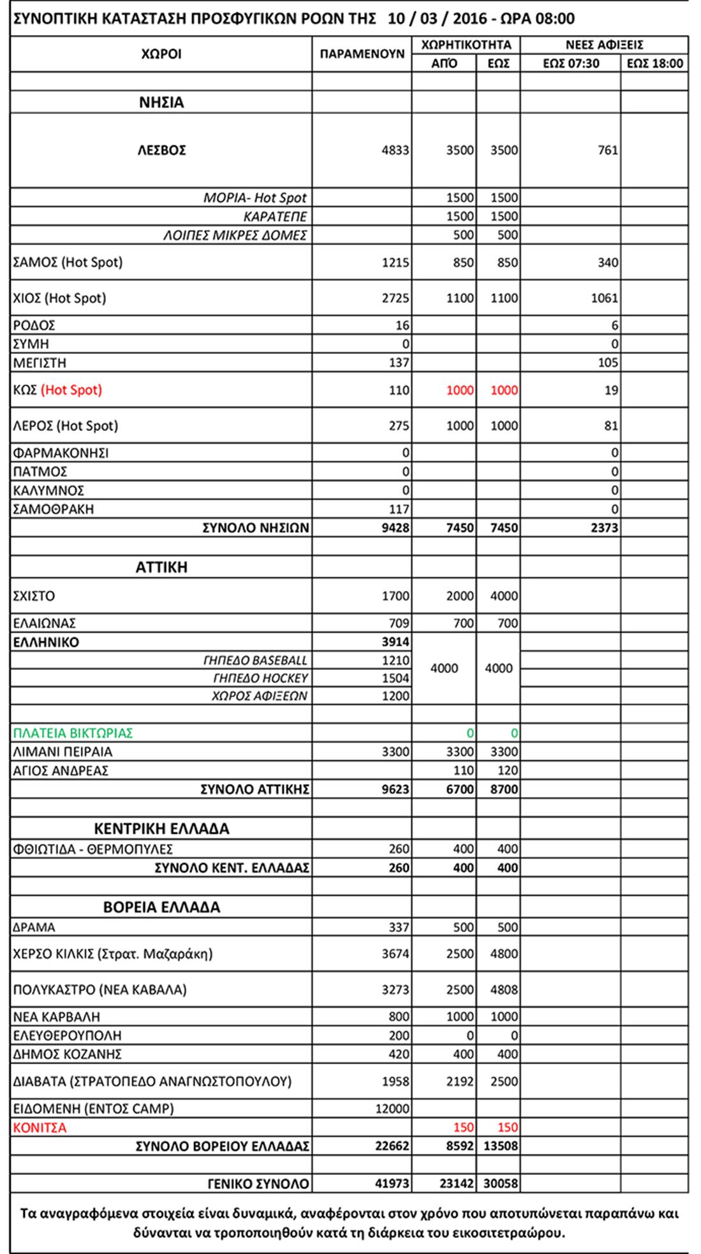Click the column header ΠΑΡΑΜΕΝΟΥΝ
362,54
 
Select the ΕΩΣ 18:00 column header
654,63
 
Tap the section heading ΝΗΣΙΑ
161,103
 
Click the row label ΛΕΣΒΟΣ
161,150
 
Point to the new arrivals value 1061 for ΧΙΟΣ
604,298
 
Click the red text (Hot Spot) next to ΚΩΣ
71,390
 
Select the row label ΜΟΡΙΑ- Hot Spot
255,198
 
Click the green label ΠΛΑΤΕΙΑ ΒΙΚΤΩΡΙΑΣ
73,733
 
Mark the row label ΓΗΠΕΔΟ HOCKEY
260,678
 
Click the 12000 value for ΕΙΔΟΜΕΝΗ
392,1109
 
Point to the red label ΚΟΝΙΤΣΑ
40,1128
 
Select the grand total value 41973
392,1184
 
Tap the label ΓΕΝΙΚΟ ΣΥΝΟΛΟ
258,1184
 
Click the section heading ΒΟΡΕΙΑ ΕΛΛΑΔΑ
161,907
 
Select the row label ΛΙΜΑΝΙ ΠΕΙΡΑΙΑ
63,752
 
